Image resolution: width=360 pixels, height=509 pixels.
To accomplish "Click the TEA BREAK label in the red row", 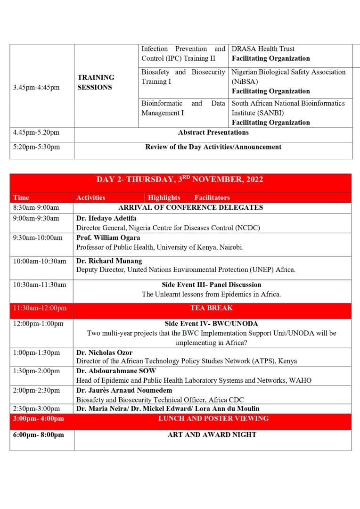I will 212,308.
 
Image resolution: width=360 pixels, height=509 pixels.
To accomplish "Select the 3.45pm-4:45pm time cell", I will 36,87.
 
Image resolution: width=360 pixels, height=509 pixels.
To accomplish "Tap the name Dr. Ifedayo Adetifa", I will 107,218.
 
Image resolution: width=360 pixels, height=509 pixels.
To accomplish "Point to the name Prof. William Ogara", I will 108,238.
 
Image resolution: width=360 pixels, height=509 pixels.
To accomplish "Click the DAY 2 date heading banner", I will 180,180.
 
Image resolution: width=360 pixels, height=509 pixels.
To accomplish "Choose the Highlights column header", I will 164,198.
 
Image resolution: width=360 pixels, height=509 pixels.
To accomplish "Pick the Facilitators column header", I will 212,198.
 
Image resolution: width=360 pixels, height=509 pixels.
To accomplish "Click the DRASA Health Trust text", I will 263,49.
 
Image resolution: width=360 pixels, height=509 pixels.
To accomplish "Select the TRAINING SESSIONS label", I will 96,82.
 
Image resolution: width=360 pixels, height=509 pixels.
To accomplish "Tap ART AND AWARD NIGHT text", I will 212,435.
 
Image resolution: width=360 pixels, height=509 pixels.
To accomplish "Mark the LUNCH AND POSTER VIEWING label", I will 213,419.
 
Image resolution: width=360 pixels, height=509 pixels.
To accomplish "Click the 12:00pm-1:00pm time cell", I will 37,324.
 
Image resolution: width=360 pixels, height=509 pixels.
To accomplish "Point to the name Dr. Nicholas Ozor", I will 104,353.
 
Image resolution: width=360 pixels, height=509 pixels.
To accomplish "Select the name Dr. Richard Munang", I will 109,261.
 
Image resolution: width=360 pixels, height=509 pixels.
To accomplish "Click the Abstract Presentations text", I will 213,132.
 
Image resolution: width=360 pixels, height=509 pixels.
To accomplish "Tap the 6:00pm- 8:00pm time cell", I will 39,435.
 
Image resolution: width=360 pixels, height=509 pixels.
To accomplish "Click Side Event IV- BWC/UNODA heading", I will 211,324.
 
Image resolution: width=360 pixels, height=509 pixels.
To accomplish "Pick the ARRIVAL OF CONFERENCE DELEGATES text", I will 190,207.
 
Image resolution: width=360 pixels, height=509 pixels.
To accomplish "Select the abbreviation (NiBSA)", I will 245,82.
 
